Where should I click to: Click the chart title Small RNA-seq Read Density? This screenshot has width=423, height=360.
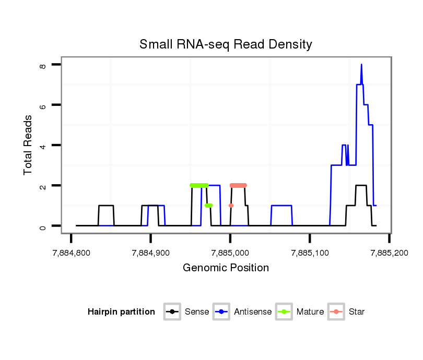pyautogui.click(x=226, y=44)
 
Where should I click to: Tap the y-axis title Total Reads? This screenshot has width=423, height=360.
pyautogui.click(x=28, y=145)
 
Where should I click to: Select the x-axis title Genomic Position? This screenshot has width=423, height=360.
pyautogui.click(x=226, y=268)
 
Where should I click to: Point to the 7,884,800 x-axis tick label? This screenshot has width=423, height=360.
pyautogui.click(x=71, y=253)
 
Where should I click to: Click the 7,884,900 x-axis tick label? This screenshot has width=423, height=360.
pyautogui.click(x=150, y=253)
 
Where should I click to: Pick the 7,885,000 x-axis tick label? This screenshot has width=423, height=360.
pyautogui.click(x=230, y=253)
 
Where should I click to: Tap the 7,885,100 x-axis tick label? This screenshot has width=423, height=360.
pyautogui.click(x=310, y=253)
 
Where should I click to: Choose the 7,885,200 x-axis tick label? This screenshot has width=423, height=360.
pyautogui.click(x=389, y=253)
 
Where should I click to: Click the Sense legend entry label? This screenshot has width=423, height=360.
pyautogui.click(x=197, y=312)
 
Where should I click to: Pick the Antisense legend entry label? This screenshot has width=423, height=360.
pyautogui.click(x=253, y=312)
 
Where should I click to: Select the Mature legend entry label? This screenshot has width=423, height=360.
pyautogui.click(x=310, y=312)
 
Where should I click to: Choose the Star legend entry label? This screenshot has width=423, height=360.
pyautogui.click(x=357, y=312)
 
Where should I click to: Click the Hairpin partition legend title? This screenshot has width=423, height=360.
pyautogui.click(x=122, y=312)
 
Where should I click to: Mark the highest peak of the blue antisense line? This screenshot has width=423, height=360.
pyautogui.click(x=361, y=65)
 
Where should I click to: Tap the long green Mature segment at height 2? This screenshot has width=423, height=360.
pyautogui.click(x=199, y=185)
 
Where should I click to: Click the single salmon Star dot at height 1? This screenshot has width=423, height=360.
pyautogui.click(x=231, y=206)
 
